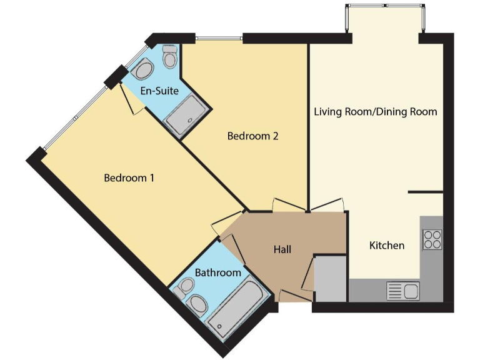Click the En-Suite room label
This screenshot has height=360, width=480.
pos(159,91)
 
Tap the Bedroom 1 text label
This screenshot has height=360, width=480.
pos(129,178)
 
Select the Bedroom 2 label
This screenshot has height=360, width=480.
pos(252,136)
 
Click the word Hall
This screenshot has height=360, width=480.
pos(282,250)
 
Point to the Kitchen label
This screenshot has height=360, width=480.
pos(387,246)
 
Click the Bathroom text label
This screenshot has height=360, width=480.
pos(217,273)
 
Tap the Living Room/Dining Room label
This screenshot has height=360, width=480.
pos(375,112)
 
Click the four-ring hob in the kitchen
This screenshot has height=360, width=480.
pos(432,239)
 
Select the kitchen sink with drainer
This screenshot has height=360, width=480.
pos(402,291)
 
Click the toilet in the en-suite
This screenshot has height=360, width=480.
pos(169,59)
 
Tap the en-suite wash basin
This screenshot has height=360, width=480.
pos(144,69)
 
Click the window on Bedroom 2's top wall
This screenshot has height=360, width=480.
pos(218,39)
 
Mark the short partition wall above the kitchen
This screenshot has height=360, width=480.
pos(425,192)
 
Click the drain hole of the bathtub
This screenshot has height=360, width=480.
pos(219,326)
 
